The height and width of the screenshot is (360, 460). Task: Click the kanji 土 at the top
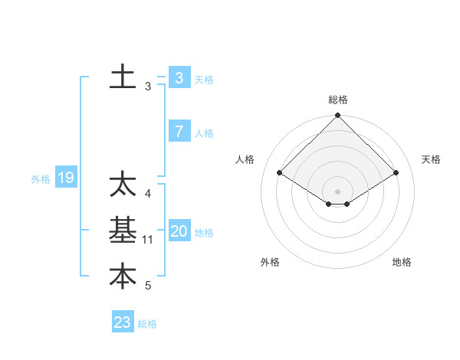[x=123, y=77]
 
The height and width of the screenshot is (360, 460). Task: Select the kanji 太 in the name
[x=123, y=185]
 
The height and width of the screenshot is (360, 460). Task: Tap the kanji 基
[x=123, y=231]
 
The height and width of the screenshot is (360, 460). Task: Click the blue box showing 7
[x=179, y=132]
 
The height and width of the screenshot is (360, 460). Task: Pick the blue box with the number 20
[x=179, y=231]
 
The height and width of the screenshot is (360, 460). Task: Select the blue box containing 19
[x=65, y=178]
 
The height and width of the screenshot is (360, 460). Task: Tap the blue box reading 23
[x=123, y=322]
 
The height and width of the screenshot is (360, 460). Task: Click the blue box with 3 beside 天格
[x=179, y=78]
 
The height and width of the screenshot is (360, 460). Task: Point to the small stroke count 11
[x=148, y=240]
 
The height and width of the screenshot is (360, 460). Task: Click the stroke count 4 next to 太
[x=148, y=195]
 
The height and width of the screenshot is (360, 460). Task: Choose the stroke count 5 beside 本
[x=148, y=286]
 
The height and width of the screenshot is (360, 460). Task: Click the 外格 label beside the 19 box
[x=41, y=179]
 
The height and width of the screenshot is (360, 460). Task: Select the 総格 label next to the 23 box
[x=147, y=324]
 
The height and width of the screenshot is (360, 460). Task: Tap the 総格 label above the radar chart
[x=338, y=100]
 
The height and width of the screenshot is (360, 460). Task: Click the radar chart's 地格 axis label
[x=402, y=263]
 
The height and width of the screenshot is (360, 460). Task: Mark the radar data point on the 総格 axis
[x=338, y=116]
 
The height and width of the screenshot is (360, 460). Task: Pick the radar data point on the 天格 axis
[x=396, y=173]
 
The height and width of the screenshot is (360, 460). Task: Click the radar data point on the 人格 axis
[x=280, y=173]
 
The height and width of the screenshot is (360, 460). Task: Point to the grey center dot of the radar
[x=338, y=191]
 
